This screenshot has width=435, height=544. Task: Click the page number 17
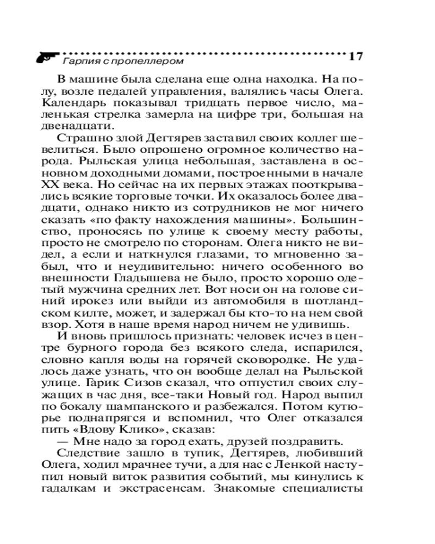click(355, 57)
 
